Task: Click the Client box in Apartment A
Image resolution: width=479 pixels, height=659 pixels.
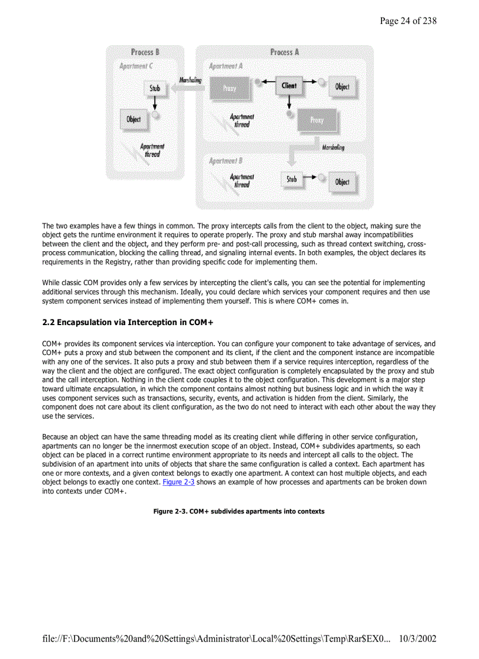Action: tap(289, 86)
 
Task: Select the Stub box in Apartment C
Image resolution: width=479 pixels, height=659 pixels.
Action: tap(154, 89)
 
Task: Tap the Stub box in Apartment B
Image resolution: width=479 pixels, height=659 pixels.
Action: tap(292, 180)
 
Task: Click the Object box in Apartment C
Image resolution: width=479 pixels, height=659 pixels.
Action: tap(134, 119)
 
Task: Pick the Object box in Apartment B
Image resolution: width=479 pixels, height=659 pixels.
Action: tap(342, 182)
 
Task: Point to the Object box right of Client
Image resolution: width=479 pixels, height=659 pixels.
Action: tap(342, 87)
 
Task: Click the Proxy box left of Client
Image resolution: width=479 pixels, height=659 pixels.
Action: tap(230, 89)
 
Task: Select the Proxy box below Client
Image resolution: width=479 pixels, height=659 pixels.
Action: tap(316, 120)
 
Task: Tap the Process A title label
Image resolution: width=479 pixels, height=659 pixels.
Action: tap(285, 52)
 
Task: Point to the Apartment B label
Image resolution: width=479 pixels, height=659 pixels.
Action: tap(226, 161)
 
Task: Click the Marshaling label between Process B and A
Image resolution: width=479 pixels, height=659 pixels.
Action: tap(190, 80)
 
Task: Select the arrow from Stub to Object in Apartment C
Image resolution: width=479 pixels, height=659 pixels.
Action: tap(154, 104)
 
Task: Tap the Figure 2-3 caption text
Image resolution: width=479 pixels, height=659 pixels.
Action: tap(239, 512)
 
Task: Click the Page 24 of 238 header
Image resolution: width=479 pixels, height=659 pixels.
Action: tap(408, 21)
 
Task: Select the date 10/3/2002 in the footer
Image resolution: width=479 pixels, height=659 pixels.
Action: tap(417, 638)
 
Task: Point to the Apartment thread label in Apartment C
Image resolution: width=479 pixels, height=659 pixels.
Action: tap(152, 150)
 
